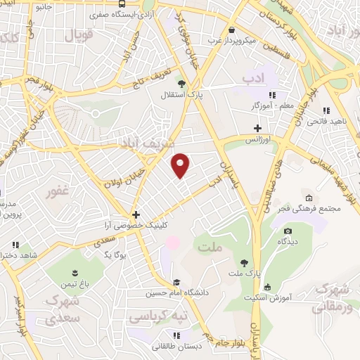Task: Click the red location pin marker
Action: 181,165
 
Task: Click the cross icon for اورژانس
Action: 258,128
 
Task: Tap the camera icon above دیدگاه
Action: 287,231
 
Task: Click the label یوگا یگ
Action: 115,254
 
